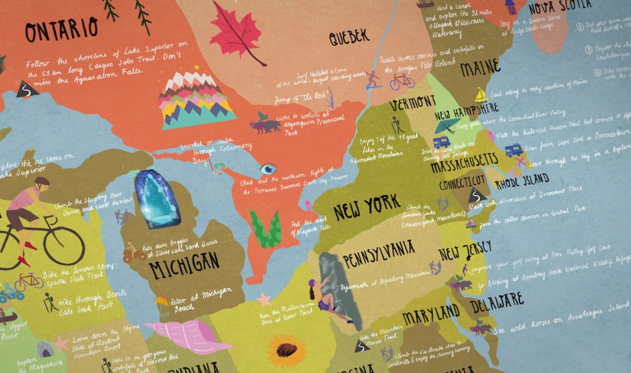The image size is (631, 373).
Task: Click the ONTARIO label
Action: pos(62,29)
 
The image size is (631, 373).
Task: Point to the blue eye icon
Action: pos(268,170)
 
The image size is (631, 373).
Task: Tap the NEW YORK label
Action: pos(366,208)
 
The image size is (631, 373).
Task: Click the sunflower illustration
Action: pos(286,350)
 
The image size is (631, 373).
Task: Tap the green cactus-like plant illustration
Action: pos(266,228)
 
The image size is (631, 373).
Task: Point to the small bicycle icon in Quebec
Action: pos(402,81)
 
